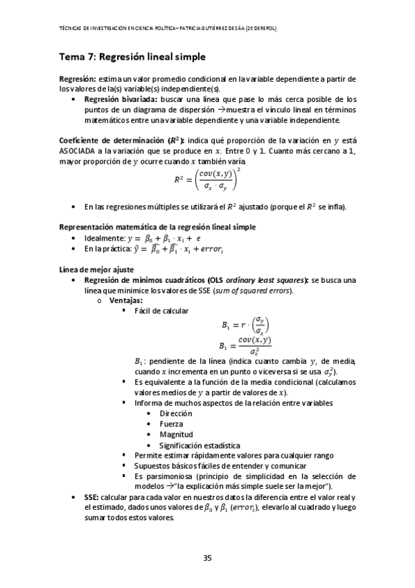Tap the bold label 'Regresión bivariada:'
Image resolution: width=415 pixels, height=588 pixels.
tap(120, 99)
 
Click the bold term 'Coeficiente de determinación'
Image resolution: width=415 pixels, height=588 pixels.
tap(112, 138)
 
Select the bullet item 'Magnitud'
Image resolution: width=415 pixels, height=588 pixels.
tap(176, 434)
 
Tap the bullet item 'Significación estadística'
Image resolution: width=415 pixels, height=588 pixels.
tap(200, 444)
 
